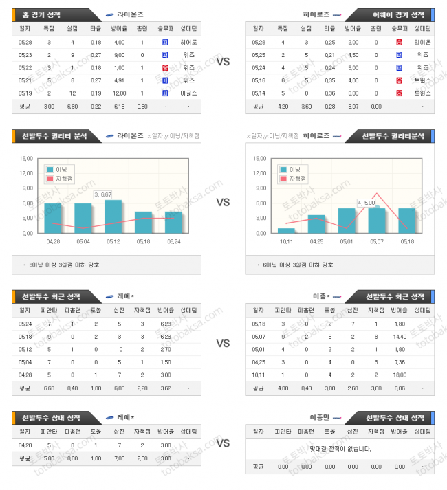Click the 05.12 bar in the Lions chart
click(x=113, y=216)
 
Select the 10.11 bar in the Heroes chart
click(x=287, y=230)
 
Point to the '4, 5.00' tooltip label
click(x=367, y=202)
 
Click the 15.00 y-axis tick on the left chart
click(x=27, y=158)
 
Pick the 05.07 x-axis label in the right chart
click(x=377, y=241)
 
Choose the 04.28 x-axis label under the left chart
click(x=53, y=241)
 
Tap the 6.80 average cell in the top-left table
click(x=72, y=107)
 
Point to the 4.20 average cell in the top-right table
click(x=282, y=107)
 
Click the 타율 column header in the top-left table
click(x=96, y=29)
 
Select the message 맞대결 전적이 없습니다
click(x=340, y=449)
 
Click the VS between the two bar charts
click(x=223, y=203)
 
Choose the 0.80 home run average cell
click(x=142, y=107)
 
